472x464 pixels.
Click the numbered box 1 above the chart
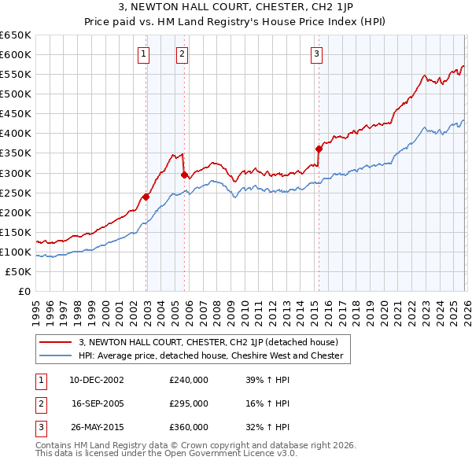(144, 54)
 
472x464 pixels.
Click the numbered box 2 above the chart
(182, 54)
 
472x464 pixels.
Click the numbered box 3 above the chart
(316, 54)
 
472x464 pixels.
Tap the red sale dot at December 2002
(146, 197)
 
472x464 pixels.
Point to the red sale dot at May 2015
(319, 149)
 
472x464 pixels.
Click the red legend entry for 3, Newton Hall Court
(208, 342)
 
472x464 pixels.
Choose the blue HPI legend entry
(211, 355)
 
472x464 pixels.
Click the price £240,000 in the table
(189, 379)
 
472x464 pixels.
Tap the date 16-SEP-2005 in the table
(97, 403)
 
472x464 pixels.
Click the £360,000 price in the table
(189, 427)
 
